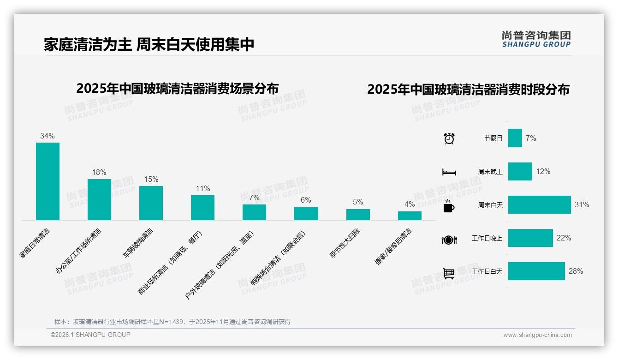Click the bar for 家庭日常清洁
click(48, 181)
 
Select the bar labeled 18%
click(99, 199)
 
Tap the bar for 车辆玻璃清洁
click(151, 203)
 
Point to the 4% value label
click(410, 204)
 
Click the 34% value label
click(48, 136)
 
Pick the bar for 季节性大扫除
click(358, 215)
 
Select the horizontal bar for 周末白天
click(539, 204)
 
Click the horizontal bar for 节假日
click(515, 138)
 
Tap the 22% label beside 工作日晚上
click(564, 238)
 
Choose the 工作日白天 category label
click(487, 271)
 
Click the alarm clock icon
click(449, 138)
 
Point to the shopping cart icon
click(449, 273)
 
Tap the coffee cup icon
click(449, 206)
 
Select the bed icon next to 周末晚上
click(449, 172)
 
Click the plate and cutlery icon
click(449, 240)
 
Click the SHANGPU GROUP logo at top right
click(536, 39)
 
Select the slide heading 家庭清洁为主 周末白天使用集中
click(149, 44)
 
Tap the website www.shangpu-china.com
click(537, 335)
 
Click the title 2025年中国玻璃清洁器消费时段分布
click(468, 90)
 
